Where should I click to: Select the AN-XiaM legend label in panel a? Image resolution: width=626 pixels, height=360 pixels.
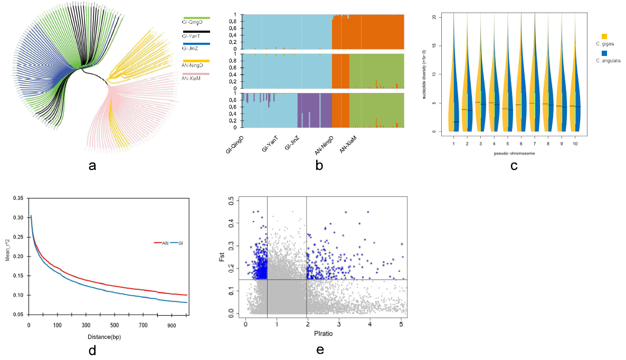coord(192,78)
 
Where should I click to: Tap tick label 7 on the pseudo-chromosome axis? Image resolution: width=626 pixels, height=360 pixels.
coord(534,143)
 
